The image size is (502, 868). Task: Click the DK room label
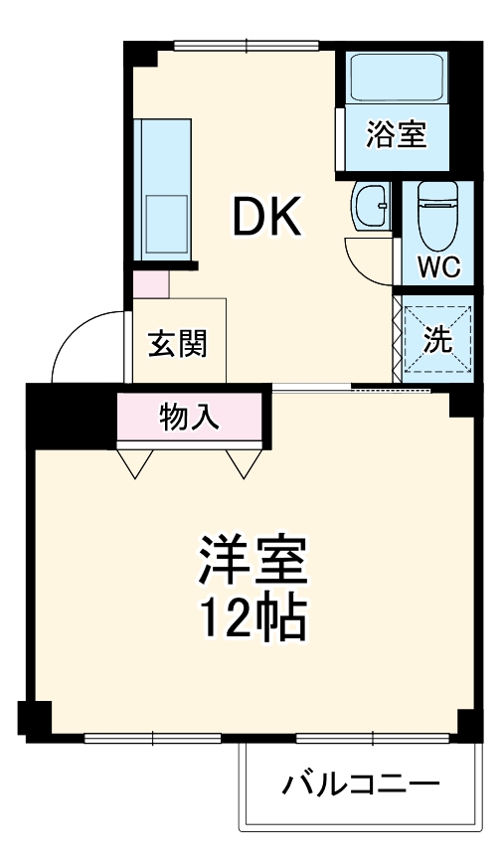click(266, 217)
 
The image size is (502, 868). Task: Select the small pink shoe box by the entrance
click(151, 284)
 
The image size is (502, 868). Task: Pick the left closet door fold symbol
click(136, 461)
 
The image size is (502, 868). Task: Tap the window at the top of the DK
click(246, 44)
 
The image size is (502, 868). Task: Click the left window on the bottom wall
click(152, 738)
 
